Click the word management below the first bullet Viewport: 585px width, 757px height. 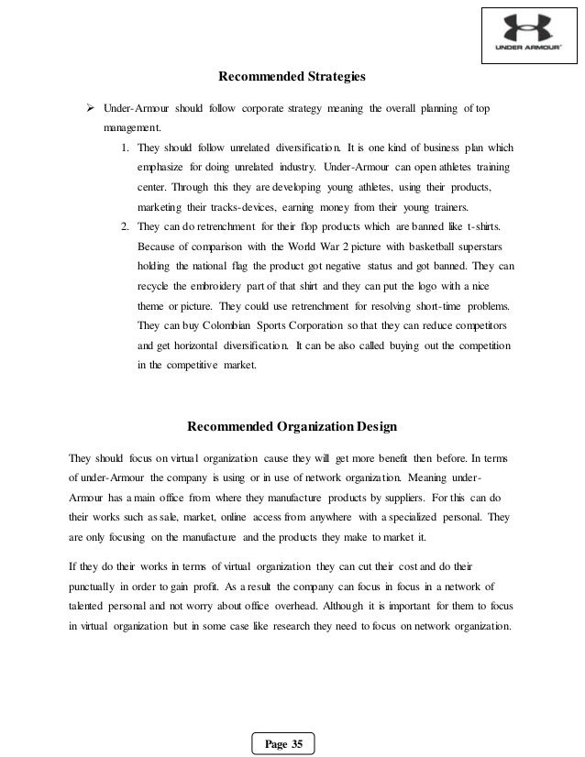131,128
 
